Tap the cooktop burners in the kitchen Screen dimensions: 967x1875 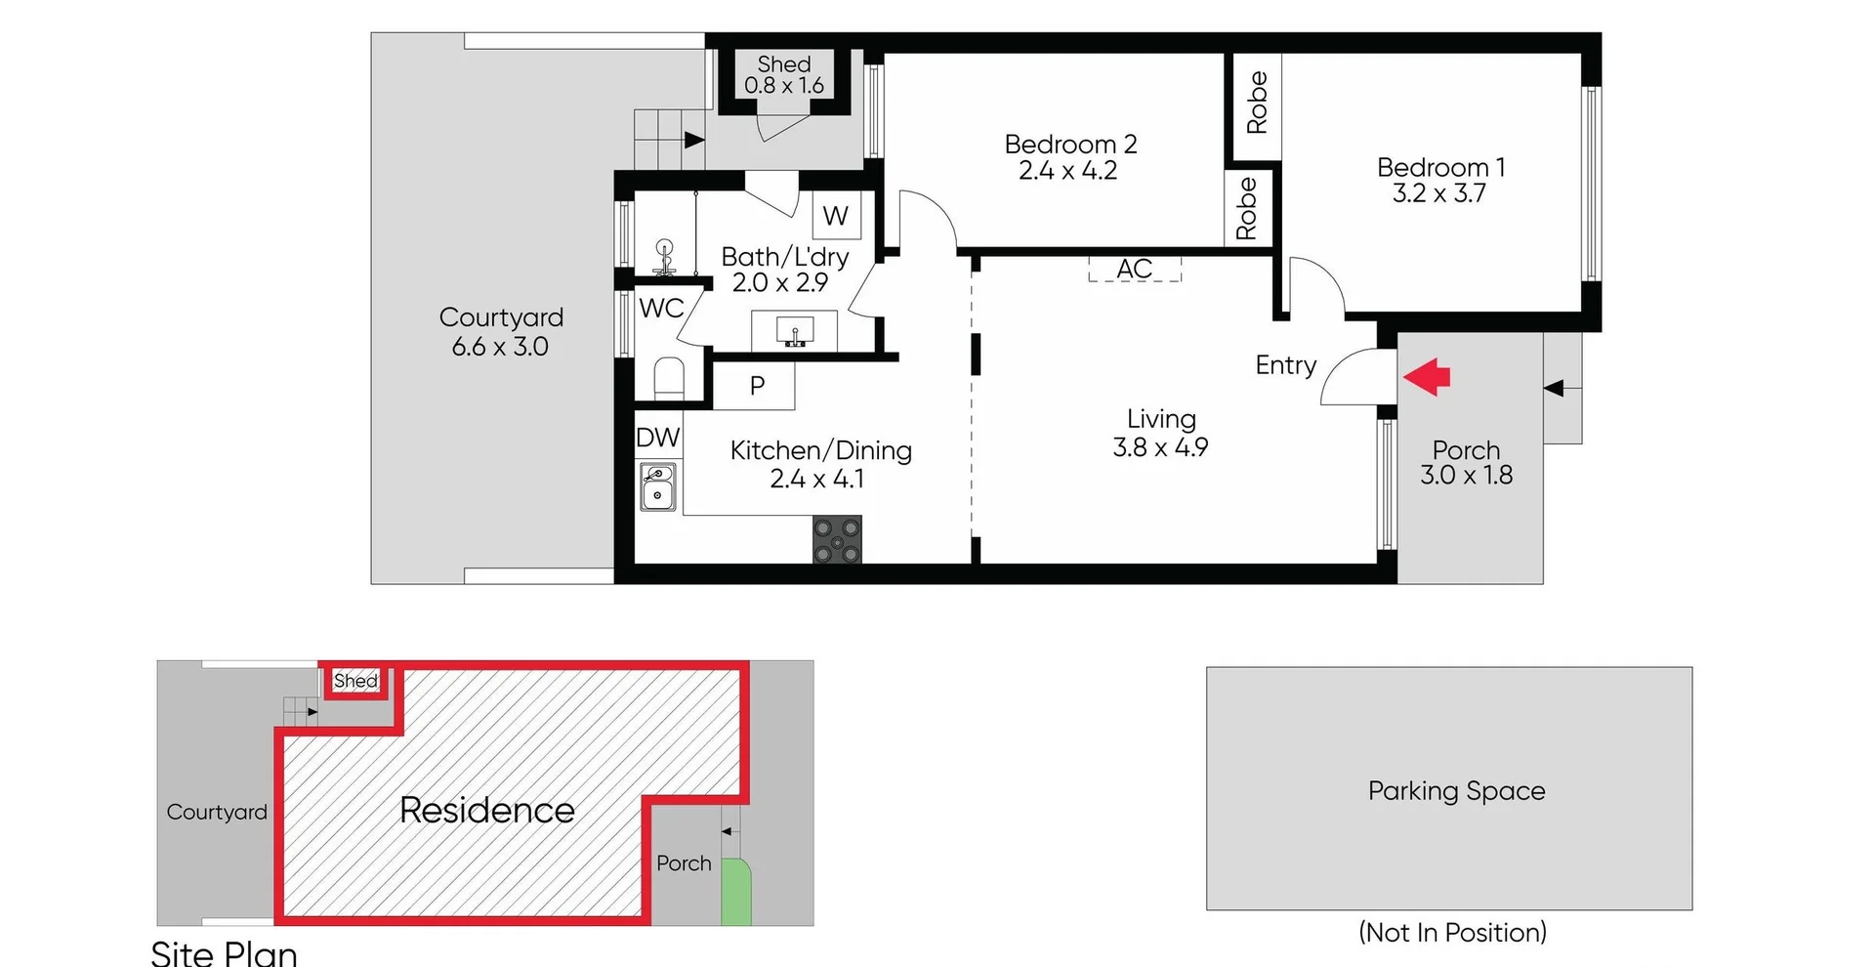pos(837,540)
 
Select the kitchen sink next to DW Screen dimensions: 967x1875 pos(658,486)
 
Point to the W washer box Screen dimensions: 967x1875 pos(836,216)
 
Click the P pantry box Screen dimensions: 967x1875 pos(756,386)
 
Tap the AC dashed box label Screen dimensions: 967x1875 pos(1135,269)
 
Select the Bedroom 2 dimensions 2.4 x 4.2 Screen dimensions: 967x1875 pos(1067,171)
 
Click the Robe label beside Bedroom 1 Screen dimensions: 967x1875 pos(1257,103)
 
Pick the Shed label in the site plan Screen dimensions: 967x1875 pos(355,681)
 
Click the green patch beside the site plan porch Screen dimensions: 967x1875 pos(736,894)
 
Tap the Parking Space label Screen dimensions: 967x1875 pos(1456,790)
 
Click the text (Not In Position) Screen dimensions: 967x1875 pos(1452,932)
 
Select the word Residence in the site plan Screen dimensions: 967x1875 pos(487,810)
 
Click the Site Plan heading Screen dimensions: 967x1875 pos(225,952)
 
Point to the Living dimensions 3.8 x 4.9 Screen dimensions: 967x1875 pos(1160,447)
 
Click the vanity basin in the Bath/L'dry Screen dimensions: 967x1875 pos(794,332)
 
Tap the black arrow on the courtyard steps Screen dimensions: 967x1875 pos(693,140)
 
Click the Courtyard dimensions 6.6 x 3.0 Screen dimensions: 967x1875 pos(500,347)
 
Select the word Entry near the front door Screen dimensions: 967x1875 pos(1285,365)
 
